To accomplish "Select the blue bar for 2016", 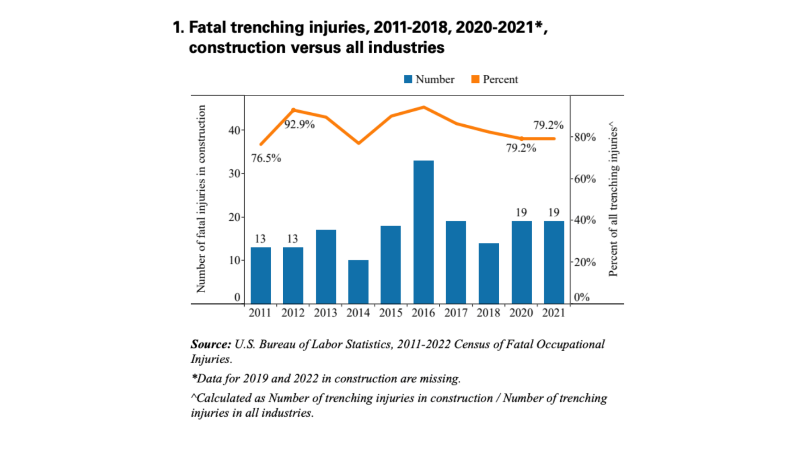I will click(424, 232).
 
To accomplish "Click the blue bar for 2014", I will click(358, 281).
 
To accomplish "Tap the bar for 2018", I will click(489, 273).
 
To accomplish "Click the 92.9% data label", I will click(299, 125).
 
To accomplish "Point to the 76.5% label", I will click(266, 158).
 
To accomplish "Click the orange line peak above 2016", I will click(424, 107).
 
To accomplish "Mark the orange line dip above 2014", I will click(358, 143).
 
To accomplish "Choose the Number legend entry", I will click(429, 80).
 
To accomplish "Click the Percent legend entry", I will click(495, 80).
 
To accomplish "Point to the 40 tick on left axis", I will click(234, 130).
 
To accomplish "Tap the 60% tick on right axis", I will click(585, 179).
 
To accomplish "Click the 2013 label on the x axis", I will click(325, 313).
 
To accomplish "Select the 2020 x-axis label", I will click(521, 313).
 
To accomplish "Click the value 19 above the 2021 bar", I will click(554, 212).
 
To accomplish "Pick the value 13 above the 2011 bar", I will click(260, 239).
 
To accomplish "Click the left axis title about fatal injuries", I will click(201, 199).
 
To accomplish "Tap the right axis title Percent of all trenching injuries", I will click(613, 199).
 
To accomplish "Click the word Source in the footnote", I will click(210, 345).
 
